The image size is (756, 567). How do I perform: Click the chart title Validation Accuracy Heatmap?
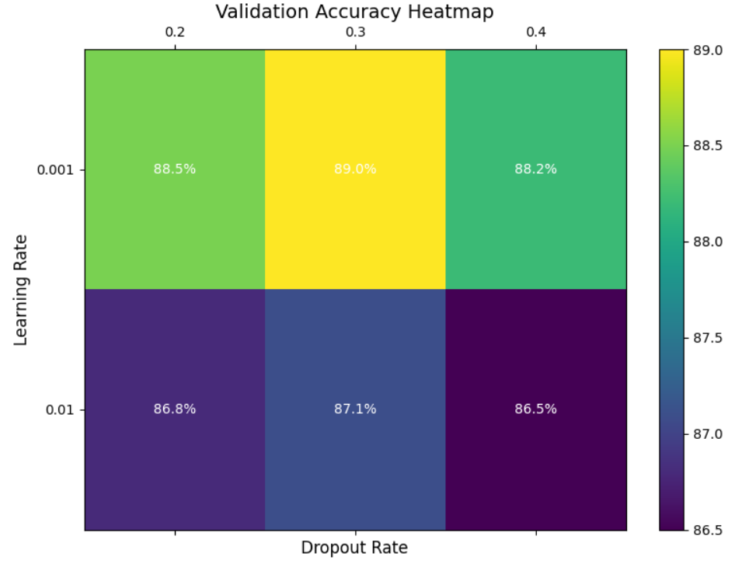pyautogui.click(x=354, y=12)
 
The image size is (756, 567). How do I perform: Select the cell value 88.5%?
pyautogui.click(x=175, y=169)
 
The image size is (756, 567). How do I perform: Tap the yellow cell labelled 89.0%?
pyautogui.click(x=355, y=169)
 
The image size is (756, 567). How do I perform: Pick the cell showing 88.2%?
pyautogui.click(x=535, y=169)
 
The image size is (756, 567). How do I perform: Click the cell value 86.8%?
pyautogui.click(x=175, y=409)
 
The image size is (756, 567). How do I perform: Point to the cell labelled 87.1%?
pyautogui.click(x=355, y=409)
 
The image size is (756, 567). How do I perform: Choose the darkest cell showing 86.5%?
pyautogui.click(x=535, y=409)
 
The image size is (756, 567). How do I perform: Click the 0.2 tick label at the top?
pyautogui.click(x=175, y=32)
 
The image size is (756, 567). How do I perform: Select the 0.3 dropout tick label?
pyautogui.click(x=355, y=32)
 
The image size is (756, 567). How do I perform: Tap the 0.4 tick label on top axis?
pyautogui.click(x=535, y=32)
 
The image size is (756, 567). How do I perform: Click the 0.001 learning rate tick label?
pyautogui.click(x=55, y=169)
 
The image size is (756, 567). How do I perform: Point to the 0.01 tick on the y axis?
pyautogui.click(x=58, y=409)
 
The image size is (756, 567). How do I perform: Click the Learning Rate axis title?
pyautogui.click(x=21, y=290)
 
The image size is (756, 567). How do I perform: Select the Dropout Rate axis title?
pyautogui.click(x=354, y=548)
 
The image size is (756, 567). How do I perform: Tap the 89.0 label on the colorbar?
pyautogui.click(x=707, y=50)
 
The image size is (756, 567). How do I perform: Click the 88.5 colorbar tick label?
pyautogui.click(x=707, y=146)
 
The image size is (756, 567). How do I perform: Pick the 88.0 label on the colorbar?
pyautogui.click(x=707, y=242)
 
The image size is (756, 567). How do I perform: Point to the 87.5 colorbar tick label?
pyautogui.click(x=707, y=338)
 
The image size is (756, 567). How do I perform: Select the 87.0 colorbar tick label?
pyautogui.click(x=707, y=433)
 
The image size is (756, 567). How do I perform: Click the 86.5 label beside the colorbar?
pyautogui.click(x=707, y=530)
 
